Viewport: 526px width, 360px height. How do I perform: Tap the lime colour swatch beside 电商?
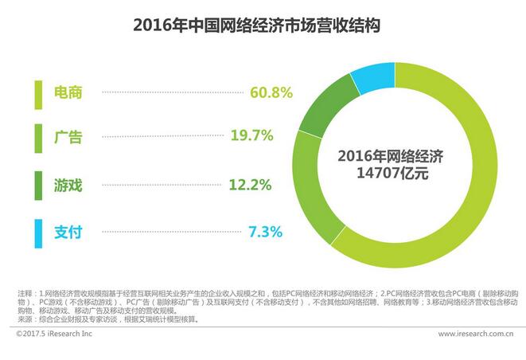(x=37, y=92)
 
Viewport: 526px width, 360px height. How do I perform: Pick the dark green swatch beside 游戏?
(x=37, y=186)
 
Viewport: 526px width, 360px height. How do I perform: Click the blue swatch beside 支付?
(x=37, y=232)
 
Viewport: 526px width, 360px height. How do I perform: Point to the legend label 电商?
(x=67, y=92)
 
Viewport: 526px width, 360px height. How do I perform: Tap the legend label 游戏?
(x=67, y=186)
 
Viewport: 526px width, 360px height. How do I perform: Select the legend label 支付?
(x=67, y=232)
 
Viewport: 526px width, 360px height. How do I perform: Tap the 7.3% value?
(x=265, y=232)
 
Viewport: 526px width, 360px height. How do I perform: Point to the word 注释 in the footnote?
(x=25, y=295)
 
